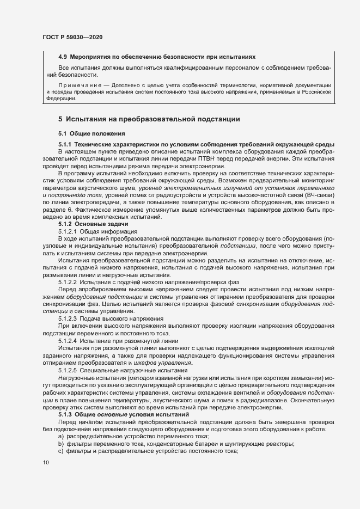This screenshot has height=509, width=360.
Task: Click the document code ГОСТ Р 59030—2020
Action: (x=72, y=37)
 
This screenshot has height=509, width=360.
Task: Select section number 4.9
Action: (x=63, y=57)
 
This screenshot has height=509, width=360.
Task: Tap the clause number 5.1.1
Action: (x=66, y=144)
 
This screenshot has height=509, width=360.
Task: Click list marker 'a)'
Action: (x=62, y=437)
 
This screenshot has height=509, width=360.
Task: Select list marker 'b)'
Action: (x=62, y=444)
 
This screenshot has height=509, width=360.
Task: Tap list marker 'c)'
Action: (x=62, y=452)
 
